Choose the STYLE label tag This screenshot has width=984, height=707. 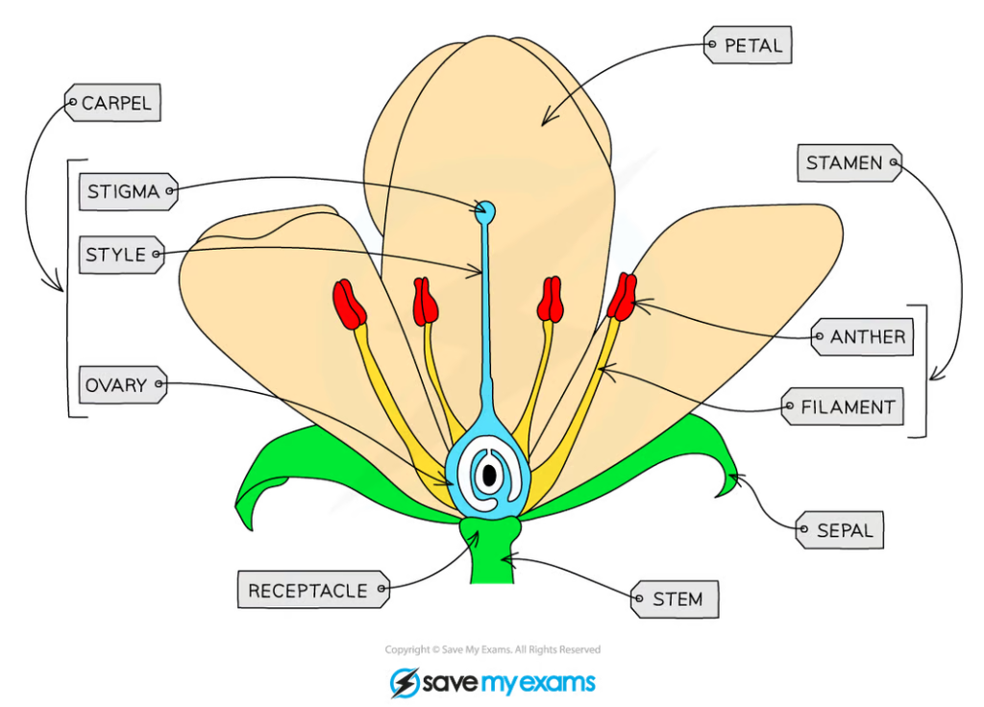121,255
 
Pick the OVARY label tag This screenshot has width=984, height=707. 121,385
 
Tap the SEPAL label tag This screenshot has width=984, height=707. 840,530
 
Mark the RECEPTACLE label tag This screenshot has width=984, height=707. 313,590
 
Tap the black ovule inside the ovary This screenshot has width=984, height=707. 489,474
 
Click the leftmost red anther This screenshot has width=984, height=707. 349,305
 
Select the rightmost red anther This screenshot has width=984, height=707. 622,297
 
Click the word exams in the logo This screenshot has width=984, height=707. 553,683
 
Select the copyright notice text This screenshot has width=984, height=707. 492,650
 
